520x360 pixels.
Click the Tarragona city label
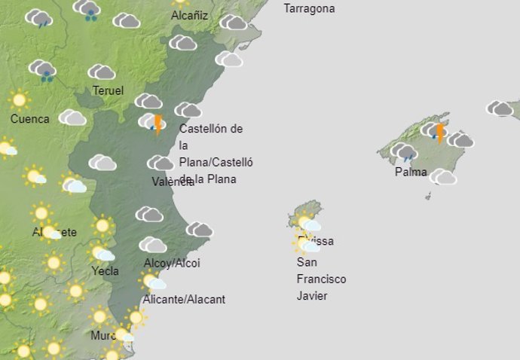pyautogui.click(x=309, y=9)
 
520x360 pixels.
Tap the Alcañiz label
pyautogui.click(x=189, y=15)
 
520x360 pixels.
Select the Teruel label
pyautogui.click(x=108, y=91)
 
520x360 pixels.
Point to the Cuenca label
pyautogui.click(x=30, y=119)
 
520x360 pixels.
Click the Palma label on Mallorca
pyautogui.click(x=411, y=172)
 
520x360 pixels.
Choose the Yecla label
pyautogui.click(x=105, y=271)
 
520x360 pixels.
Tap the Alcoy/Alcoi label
pyautogui.click(x=172, y=264)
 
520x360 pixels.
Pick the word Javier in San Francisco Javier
pyautogui.click(x=312, y=296)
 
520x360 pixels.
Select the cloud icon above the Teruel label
pyautogui.click(x=101, y=72)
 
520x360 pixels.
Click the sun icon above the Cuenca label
pyautogui.click(x=19, y=99)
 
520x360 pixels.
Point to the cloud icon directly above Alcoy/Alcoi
pyautogui.click(x=153, y=245)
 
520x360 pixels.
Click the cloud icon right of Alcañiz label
pyautogui.click(x=233, y=23)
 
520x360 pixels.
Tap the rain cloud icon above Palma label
pyautogui.click(x=404, y=152)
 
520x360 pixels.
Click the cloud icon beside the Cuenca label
pyautogui.click(x=72, y=117)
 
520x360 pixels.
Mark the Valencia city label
pyautogui.click(x=173, y=182)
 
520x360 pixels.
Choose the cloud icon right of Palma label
pyautogui.click(x=444, y=177)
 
